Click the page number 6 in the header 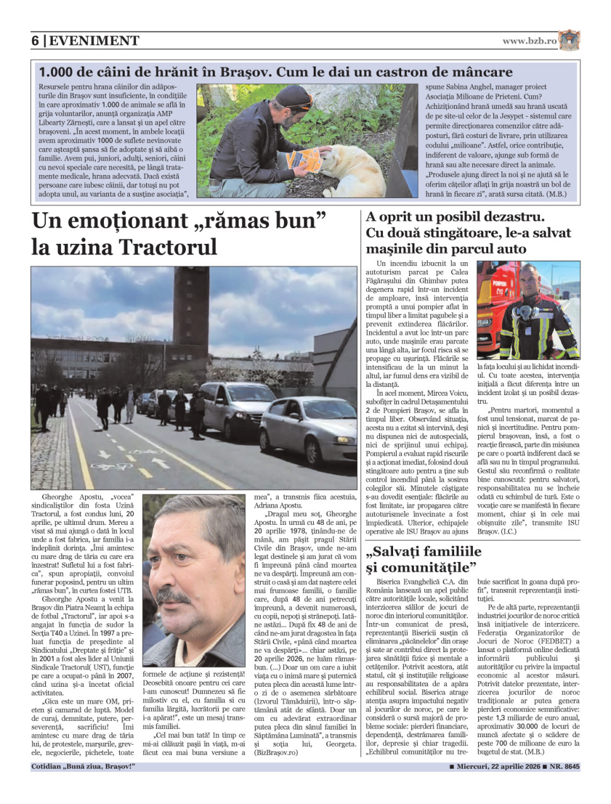coord(35,41)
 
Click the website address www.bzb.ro coord(529,41)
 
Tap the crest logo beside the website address coord(569,40)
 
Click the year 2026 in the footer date coord(527,767)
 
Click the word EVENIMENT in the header coord(94,41)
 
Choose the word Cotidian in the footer coord(48,767)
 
